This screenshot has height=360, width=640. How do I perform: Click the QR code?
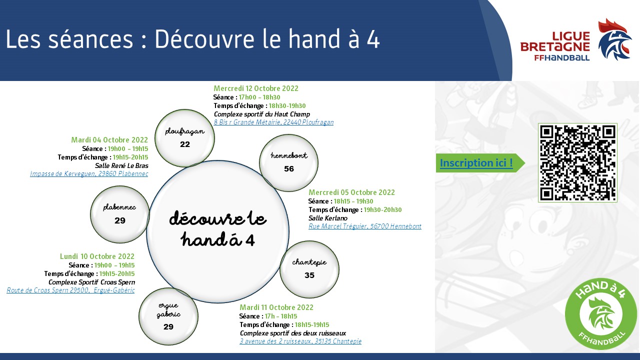coord(577,162)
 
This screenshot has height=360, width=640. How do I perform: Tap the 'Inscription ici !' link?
coord(476,163)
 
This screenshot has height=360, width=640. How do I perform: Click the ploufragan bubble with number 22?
coord(184,138)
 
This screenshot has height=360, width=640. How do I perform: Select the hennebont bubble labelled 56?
coord(288,163)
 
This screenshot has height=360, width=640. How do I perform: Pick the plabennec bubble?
coord(119,214)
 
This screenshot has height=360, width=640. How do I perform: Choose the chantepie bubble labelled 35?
coord(309,269)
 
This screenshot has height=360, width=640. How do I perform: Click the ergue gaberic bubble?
coord(168,316)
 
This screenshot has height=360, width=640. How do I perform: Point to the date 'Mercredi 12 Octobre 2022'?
coord(255,88)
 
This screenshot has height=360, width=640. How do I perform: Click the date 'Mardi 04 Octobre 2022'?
coord(109,139)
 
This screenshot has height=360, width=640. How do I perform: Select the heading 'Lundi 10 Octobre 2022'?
coord(97,256)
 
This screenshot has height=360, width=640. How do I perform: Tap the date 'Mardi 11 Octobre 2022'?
coord(276,307)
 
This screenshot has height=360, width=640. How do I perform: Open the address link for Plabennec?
coord(89,173)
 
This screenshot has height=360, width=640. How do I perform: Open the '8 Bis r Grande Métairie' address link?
coord(273,122)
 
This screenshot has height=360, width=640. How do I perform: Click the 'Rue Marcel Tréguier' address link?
coord(365,226)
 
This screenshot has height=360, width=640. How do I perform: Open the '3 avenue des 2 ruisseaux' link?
coord(300,341)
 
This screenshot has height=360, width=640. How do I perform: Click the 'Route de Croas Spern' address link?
coord(70,290)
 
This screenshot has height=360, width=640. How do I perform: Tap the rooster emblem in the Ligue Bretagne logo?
coord(614,39)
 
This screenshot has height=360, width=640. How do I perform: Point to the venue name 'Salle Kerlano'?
coord(328,218)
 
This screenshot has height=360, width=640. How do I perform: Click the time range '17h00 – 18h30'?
coord(259,97)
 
